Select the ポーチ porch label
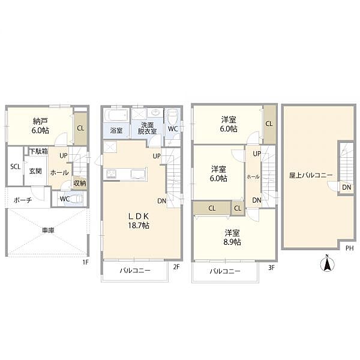click(x=23, y=200)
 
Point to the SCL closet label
click(x=15, y=166)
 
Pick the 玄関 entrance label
click(x=35, y=171)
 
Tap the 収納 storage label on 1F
click(x=79, y=184)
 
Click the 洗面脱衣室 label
click(x=146, y=128)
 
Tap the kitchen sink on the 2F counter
click(x=136, y=175)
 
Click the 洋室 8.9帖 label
click(x=233, y=237)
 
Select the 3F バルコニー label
click(x=225, y=271)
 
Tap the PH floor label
click(x=350, y=247)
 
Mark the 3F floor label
click(x=271, y=268)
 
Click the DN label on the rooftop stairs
click(x=346, y=187)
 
